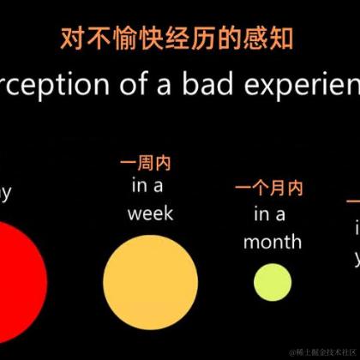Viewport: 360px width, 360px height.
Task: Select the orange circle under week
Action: coord(150,279)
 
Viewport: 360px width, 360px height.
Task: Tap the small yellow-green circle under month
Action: coord(272,282)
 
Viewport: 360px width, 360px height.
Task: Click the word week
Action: coord(150,213)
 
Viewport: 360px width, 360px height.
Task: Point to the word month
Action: coord(272,241)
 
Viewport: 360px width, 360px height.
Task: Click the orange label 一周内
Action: coord(150,163)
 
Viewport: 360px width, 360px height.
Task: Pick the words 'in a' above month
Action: coord(269,213)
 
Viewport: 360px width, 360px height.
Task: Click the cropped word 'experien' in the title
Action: coord(309,86)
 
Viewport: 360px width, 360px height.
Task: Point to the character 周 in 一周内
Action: coord(150,163)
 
